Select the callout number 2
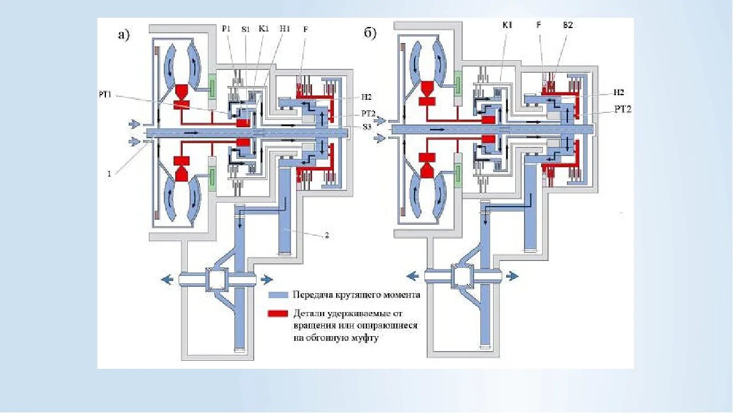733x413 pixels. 326,235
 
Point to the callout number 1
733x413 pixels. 109,172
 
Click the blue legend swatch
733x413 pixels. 278,295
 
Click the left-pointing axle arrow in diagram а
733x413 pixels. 168,279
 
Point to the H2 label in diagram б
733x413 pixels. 619,92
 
